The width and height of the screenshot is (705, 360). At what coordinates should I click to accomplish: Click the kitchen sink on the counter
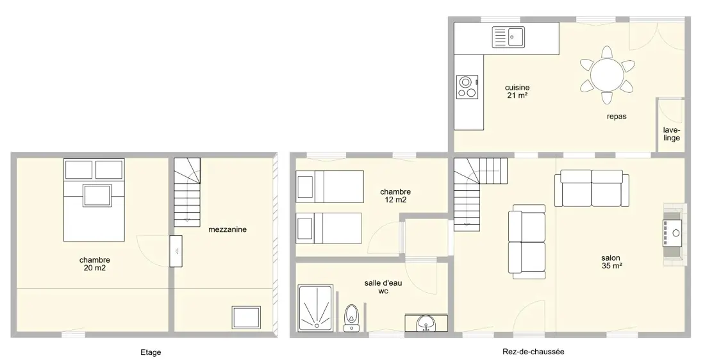point(508,37)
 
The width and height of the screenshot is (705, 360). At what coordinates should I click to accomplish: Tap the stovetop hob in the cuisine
point(467,86)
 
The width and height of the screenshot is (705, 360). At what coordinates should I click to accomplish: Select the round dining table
point(607,74)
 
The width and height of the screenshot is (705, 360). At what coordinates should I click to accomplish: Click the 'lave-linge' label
point(671,135)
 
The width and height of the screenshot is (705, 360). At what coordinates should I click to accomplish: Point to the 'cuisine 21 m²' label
point(517,91)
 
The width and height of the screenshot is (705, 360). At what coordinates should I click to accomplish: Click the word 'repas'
point(617,117)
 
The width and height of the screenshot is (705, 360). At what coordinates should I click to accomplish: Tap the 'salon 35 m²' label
point(611,261)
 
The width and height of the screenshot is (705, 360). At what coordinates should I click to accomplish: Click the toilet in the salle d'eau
point(351,317)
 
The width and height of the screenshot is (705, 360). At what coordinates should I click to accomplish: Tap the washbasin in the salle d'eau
point(424,323)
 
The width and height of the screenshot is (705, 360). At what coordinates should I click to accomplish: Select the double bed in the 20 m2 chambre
point(94,200)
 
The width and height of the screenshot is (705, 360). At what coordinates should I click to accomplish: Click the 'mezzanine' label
point(228,229)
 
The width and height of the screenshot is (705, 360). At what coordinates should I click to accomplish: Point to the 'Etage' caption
point(151,352)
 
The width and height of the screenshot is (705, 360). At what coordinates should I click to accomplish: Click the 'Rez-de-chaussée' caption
point(533,352)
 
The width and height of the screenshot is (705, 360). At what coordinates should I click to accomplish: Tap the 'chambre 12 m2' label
point(395,196)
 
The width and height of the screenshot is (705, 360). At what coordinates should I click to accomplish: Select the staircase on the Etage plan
point(187,192)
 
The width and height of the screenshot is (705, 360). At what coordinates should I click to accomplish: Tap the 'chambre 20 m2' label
point(95,264)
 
